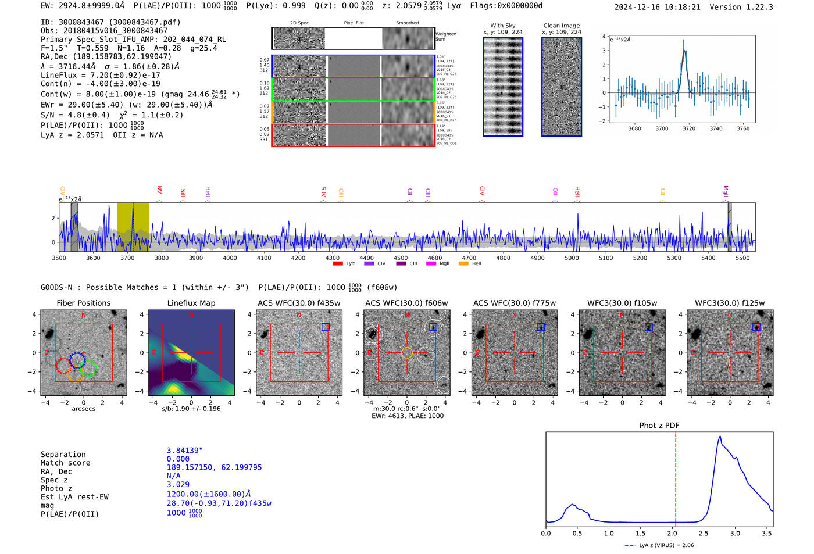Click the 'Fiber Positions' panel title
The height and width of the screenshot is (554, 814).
(x=83, y=303)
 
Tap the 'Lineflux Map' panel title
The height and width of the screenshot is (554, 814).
(x=191, y=303)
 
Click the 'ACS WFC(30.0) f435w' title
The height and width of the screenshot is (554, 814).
(x=299, y=303)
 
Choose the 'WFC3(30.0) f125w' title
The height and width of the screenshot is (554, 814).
(x=730, y=303)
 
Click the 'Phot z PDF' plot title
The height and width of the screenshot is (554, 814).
(x=659, y=425)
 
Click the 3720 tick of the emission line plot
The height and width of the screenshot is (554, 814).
(x=689, y=128)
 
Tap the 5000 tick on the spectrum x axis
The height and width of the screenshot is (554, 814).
(x=572, y=258)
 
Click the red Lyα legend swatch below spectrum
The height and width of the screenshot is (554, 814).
(x=338, y=264)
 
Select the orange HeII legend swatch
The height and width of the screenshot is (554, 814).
(x=463, y=264)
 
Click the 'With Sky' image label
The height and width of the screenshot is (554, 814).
(x=502, y=26)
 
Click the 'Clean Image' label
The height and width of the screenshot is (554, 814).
(x=561, y=26)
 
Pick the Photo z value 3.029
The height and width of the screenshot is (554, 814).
(x=178, y=484)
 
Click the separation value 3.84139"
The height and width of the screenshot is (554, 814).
(x=185, y=451)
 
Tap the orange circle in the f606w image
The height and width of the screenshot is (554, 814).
(x=406, y=352)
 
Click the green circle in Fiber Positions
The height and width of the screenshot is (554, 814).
(x=89, y=369)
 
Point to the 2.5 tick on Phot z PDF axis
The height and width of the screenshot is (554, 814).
(x=704, y=533)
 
